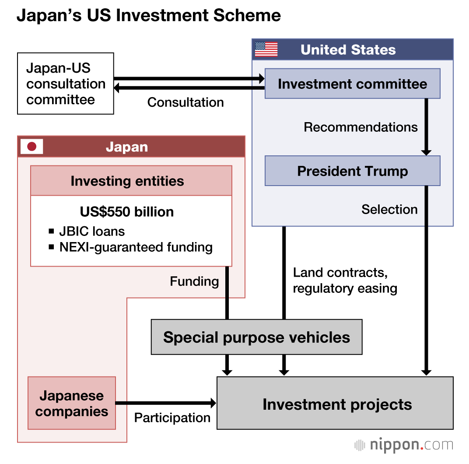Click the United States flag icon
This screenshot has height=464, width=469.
click(x=266, y=49)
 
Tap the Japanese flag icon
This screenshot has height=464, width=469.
click(x=31, y=147)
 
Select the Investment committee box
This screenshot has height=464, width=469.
click(x=352, y=84)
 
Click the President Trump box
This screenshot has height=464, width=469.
click(x=352, y=171)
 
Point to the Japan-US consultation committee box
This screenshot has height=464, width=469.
click(x=66, y=84)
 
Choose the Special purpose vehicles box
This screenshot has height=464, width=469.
click(x=256, y=337)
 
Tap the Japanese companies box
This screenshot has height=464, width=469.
click(x=72, y=403)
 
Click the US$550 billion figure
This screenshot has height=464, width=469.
click(x=127, y=212)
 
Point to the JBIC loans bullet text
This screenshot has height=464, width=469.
click(x=92, y=231)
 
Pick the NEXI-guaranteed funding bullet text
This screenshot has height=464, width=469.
click(x=136, y=247)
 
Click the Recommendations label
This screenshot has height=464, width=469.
click(x=360, y=127)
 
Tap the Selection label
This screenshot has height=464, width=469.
click(x=389, y=209)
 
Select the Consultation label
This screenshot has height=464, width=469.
click(x=185, y=102)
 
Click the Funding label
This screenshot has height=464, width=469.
click(x=194, y=281)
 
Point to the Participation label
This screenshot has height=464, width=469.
click(x=172, y=418)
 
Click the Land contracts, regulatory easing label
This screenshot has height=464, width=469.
click(x=345, y=281)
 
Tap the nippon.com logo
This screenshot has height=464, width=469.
click(x=403, y=445)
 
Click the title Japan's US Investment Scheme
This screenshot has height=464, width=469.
click(x=149, y=16)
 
